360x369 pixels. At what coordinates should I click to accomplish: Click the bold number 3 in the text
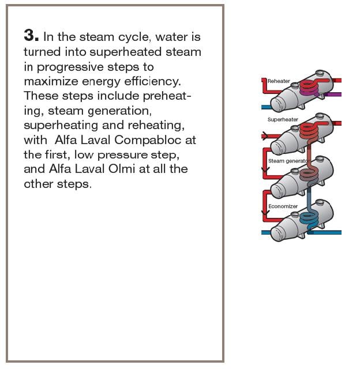(31, 35)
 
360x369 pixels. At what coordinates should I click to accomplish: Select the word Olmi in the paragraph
(122, 169)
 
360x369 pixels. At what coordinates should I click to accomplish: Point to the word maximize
(51, 81)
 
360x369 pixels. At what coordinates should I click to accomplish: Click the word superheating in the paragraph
(61, 126)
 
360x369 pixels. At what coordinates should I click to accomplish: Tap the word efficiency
(152, 82)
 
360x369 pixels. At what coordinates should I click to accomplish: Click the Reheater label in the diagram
(279, 81)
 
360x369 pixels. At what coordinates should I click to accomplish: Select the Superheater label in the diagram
(283, 119)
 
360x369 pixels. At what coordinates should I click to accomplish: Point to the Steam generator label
(288, 161)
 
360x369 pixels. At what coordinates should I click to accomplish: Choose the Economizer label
(283, 206)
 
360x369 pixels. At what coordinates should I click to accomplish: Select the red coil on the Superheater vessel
(309, 131)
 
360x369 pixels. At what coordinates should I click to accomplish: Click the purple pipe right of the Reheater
(332, 95)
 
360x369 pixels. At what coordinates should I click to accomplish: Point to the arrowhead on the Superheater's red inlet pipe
(265, 136)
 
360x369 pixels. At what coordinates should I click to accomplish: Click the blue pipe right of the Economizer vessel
(324, 232)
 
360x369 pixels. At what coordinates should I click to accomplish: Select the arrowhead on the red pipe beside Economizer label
(265, 213)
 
